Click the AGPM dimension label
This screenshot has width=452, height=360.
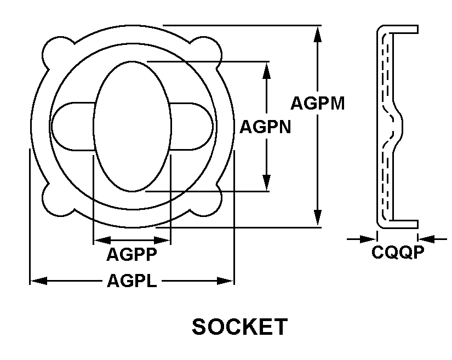tap(317, 103)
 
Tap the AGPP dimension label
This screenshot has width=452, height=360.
tap(131, 254)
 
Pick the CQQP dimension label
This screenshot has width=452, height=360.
tap(397, 252)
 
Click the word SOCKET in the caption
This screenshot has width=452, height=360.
tap(239, 327)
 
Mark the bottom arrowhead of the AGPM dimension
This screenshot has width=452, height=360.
tap(317, 219)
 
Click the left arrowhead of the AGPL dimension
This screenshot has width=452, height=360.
tap(37, 281)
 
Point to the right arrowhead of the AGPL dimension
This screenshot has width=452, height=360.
tap(226, 281)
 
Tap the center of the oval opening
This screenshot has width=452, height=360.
tap(131, 126)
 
